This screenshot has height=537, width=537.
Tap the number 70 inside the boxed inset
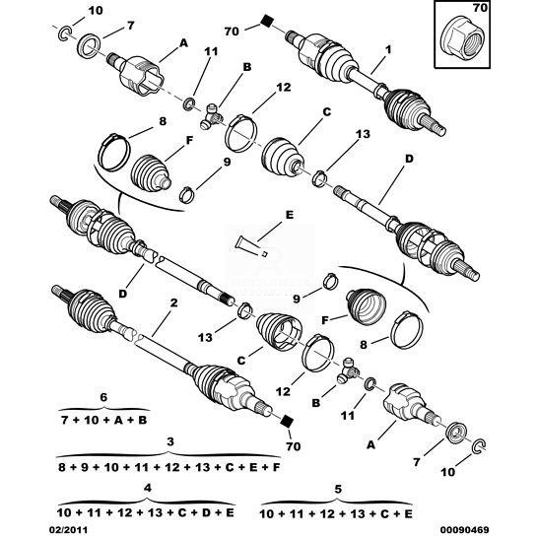tap(480, 8)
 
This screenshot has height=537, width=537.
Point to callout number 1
tap(387, 50)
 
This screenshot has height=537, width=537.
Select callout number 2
tap(173, 302)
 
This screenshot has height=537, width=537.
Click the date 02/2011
tap(67, 530)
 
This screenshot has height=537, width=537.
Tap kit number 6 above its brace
tap(103, 397)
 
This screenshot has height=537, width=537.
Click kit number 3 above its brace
tap(170, 441)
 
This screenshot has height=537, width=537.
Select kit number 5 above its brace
tap(338, 489)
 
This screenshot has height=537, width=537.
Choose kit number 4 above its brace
tap(147, 488)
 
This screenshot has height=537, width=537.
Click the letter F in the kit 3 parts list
tap(276, 467)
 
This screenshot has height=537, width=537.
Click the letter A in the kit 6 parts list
tap(118, 420)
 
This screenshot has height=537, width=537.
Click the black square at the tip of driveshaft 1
tap(266, 21)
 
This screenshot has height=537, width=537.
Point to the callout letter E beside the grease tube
tap(290, 215)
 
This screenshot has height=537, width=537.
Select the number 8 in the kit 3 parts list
tap(62, 467)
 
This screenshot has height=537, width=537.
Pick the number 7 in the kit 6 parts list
tap(64, 420)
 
